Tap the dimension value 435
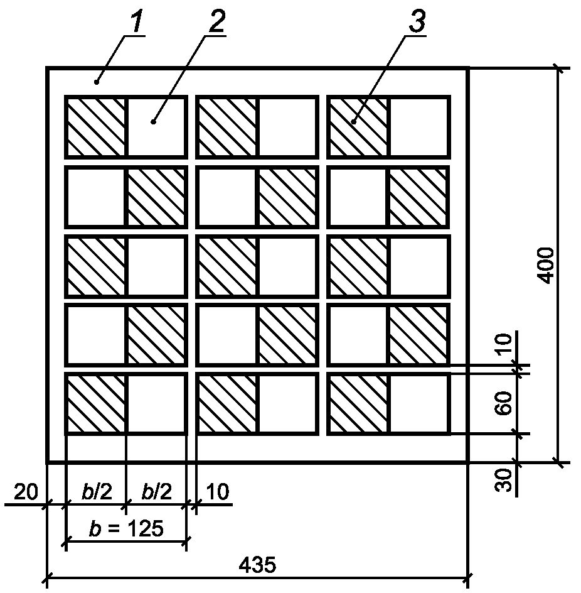[258, 565]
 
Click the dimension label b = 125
[126, 528]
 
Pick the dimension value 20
[26, 492]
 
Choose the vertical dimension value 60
[504, 403]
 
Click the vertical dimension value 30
[504, 481]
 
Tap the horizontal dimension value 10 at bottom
[218, 492]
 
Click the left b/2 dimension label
[97, 492]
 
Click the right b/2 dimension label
[157, 492]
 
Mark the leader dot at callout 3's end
[354, 122]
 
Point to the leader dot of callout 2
[153, 122]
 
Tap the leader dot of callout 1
[97, 82]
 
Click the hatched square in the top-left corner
[96, 127]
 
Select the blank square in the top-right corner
[418, 127]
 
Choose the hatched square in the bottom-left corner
[96, 404]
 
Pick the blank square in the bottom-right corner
[418, 404]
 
